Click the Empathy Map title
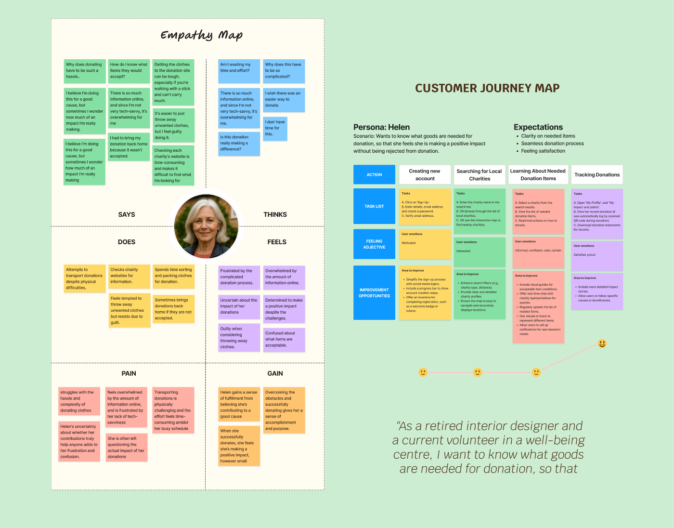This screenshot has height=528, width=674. point(201,35)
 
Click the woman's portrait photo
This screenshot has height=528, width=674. point(206,226)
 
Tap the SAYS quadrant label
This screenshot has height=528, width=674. point(127,214)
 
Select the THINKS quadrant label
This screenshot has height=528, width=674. point(275,214)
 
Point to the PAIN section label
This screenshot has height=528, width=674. point(129,373)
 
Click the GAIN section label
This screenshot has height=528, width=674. point(275,373)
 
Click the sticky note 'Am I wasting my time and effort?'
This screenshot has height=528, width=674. point(239,71)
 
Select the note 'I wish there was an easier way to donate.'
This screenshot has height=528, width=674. point(284,100)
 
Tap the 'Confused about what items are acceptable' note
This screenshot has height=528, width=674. point(284,340)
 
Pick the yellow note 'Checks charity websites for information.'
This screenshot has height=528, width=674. point(128,276)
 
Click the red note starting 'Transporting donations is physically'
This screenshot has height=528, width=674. point(173,410)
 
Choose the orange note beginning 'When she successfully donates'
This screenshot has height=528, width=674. point(239,446)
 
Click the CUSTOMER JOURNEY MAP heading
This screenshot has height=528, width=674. point(487,88)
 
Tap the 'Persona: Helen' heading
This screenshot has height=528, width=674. point(381,127)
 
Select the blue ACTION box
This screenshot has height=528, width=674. point(374,174)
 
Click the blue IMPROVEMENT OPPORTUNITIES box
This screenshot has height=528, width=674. point(374,293)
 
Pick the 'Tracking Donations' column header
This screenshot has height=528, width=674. point(597,174)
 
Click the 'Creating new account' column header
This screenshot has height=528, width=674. point(425,174)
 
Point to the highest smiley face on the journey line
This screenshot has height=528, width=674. point(602,343)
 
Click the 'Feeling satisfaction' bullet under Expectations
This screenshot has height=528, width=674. point(543,151)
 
